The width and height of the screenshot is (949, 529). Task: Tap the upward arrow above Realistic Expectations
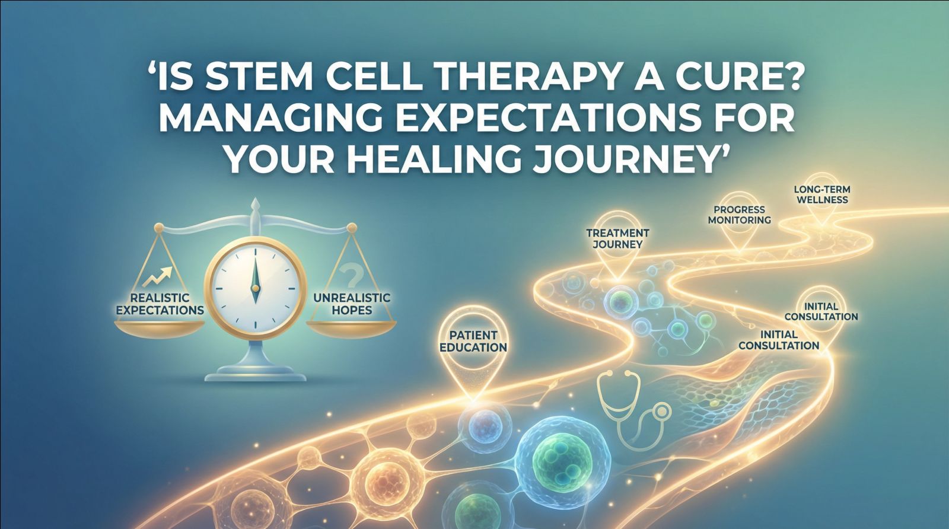pyautogui.click(x=158, y=275)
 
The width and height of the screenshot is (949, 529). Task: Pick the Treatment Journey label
pyautogui.click(x=617, y=238)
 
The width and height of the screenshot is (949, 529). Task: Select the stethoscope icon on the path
pyautogui.click(x=629, y=403)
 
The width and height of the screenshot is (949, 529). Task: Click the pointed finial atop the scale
pyautogui.click(x=256, y=206)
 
